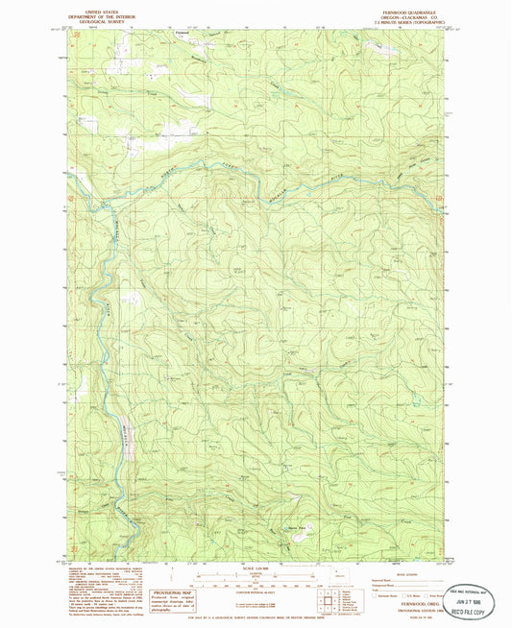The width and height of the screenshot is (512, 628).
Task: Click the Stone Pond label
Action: pyautogui.click(x=285, y=525)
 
